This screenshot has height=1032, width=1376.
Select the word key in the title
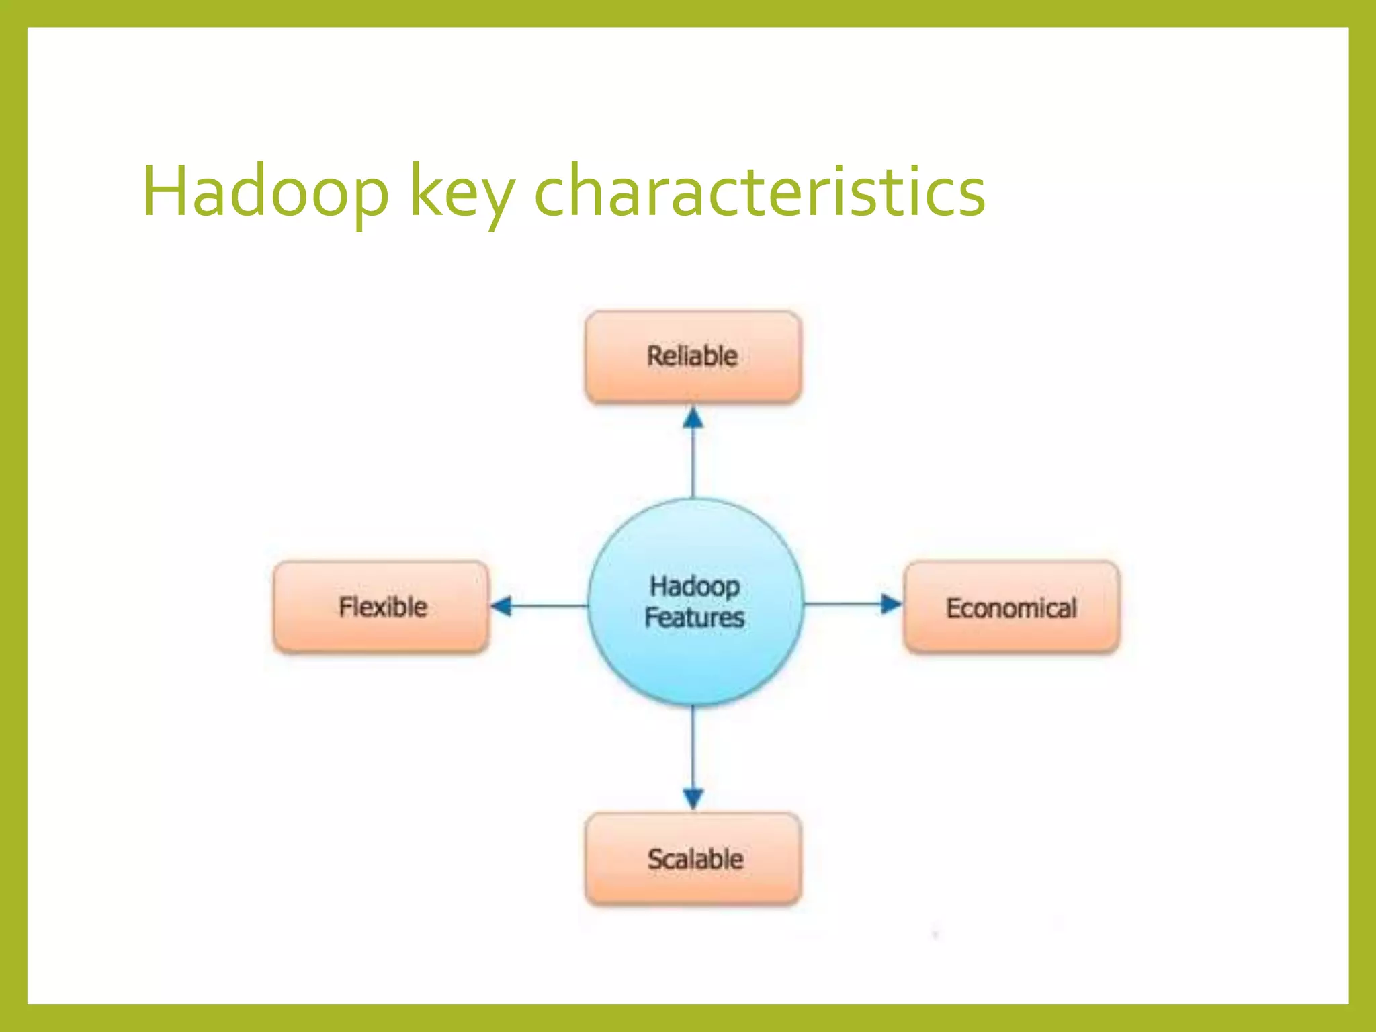[x=462, y=195]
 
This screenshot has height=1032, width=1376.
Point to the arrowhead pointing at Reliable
[x=693, y=418]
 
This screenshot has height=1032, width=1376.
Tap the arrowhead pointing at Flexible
[x=501, y=605]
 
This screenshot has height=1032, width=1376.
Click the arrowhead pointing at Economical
[x=890, y=604]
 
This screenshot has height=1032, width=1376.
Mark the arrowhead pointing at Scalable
[x=693, y=798]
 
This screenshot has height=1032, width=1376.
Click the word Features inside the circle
[x=694, y=617]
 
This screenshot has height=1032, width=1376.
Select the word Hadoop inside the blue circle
[x=694, y=586]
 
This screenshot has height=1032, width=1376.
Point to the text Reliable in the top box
[x=692, y=356]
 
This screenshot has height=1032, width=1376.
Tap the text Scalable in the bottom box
[x=695, y=859]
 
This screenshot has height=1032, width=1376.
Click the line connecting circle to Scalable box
[x=693, y=746]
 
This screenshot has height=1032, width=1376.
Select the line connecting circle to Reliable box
[x=693, y=464]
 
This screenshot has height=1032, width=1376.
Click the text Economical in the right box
[x=1011, y=608]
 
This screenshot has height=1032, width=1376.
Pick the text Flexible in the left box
[x=383, y=607]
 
